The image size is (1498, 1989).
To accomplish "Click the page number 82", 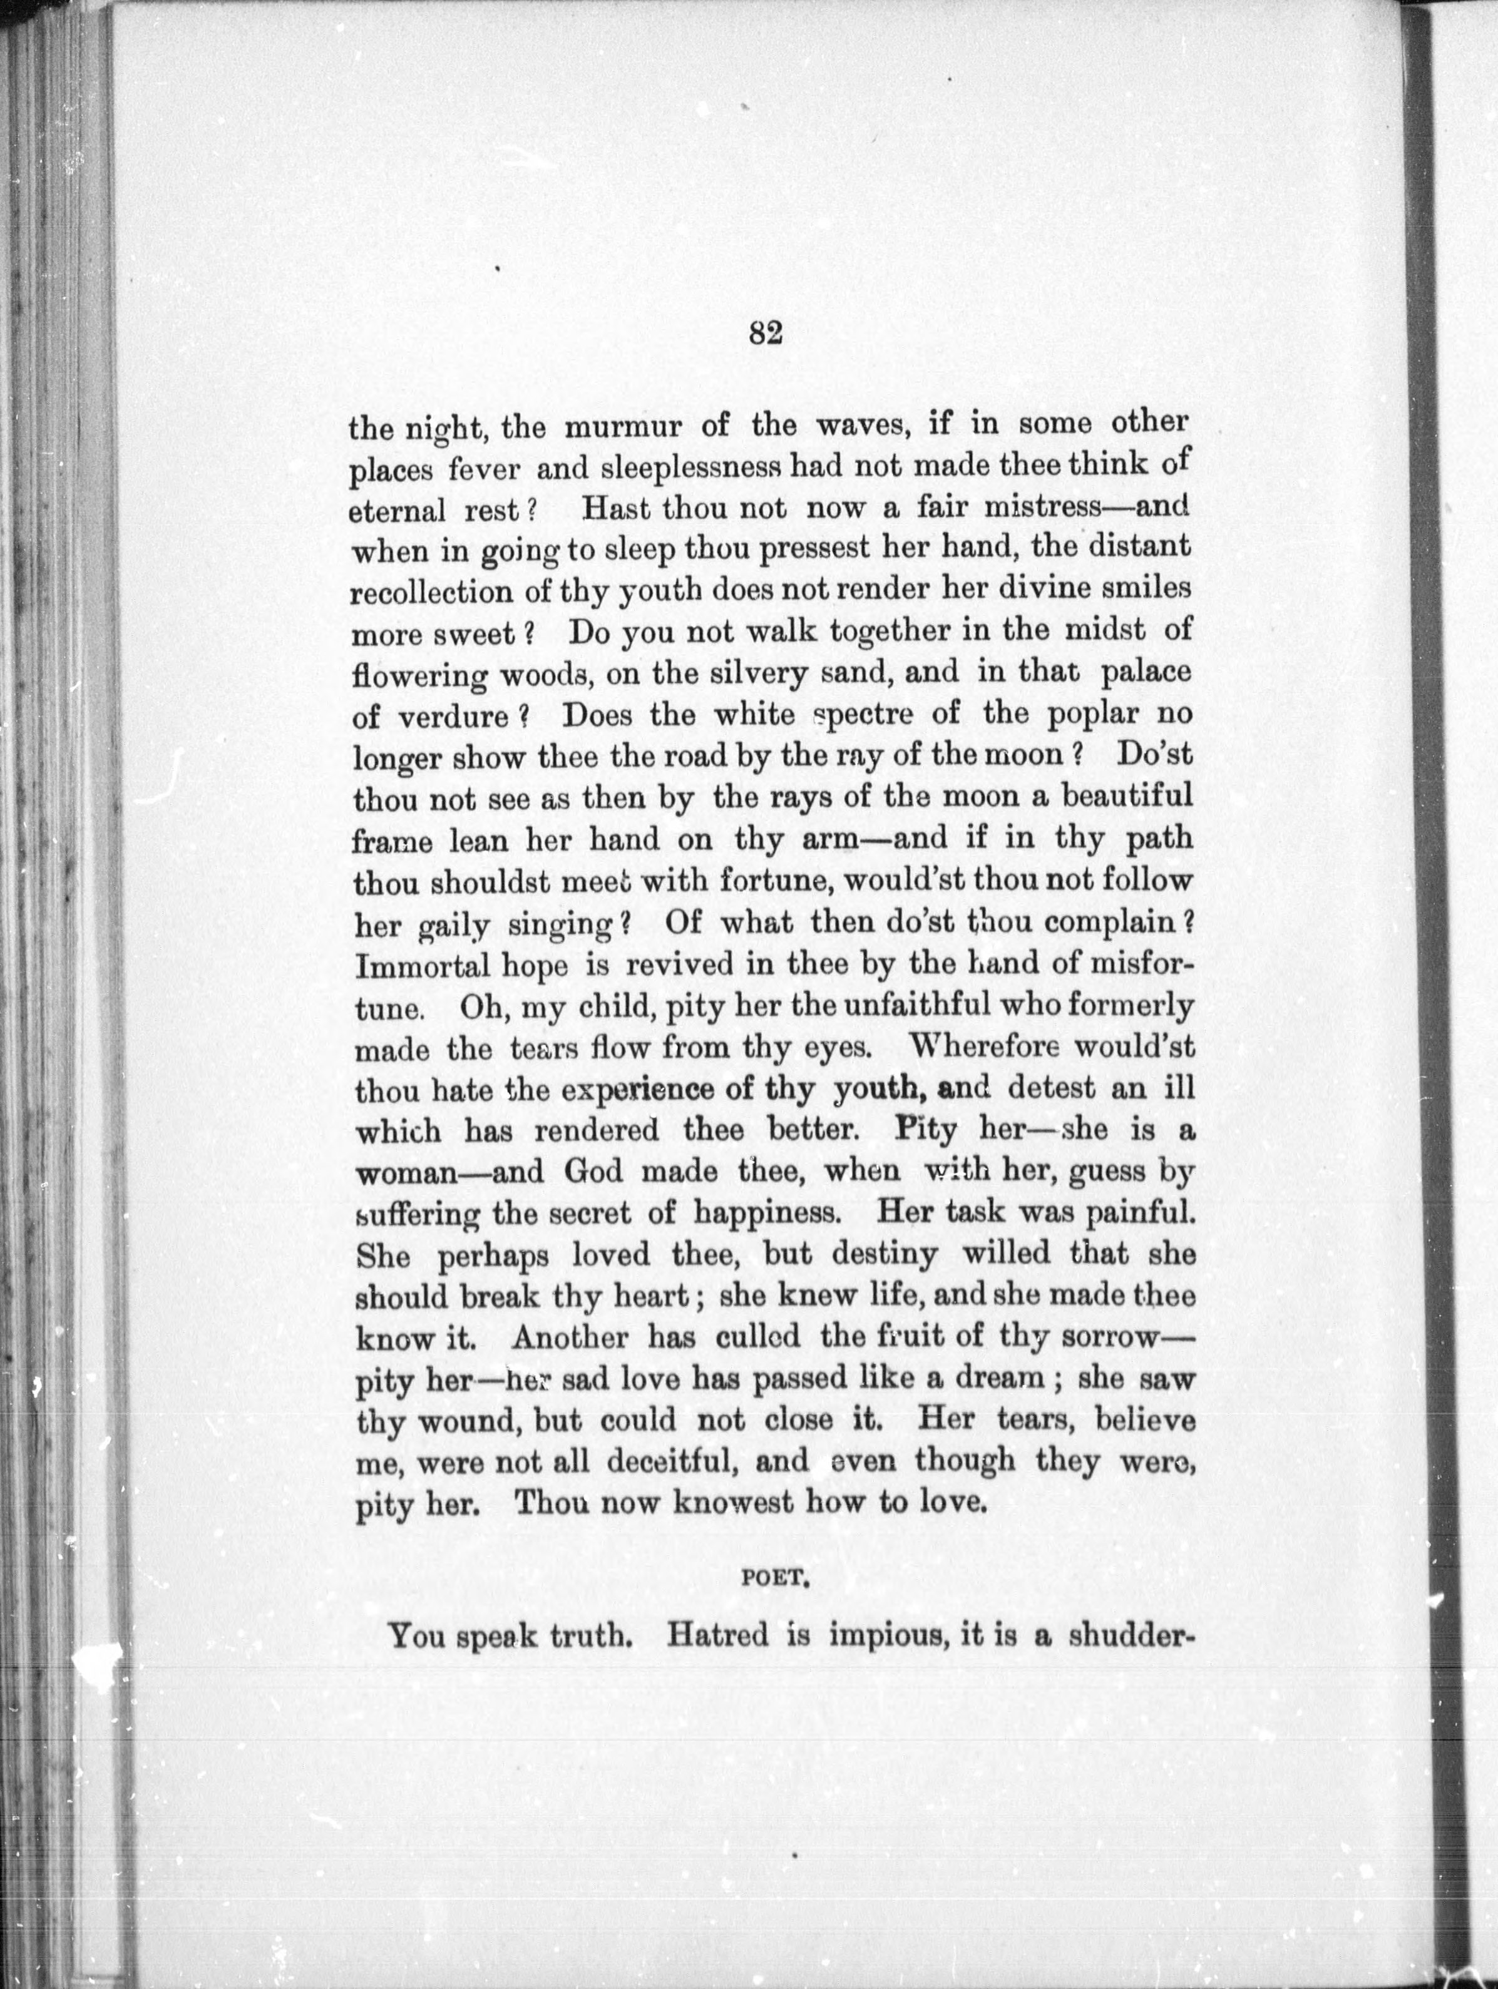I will [766, 334].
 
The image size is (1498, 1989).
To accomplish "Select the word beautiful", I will [1126, 797].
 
